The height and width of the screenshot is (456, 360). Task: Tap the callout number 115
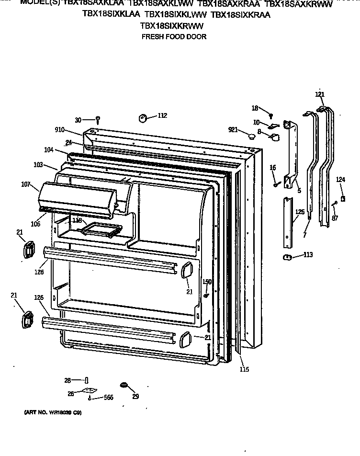point(244,369)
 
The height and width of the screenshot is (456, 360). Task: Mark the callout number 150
point(206,282)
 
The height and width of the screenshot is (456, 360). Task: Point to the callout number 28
point(67,380)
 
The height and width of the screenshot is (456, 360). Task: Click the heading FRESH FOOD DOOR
point(174,37)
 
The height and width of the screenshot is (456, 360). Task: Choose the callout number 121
point(320,94)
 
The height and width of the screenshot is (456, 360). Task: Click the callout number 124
point(340,180)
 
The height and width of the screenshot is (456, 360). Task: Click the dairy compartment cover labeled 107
point(77,196)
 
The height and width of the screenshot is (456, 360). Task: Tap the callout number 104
point(48,150)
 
